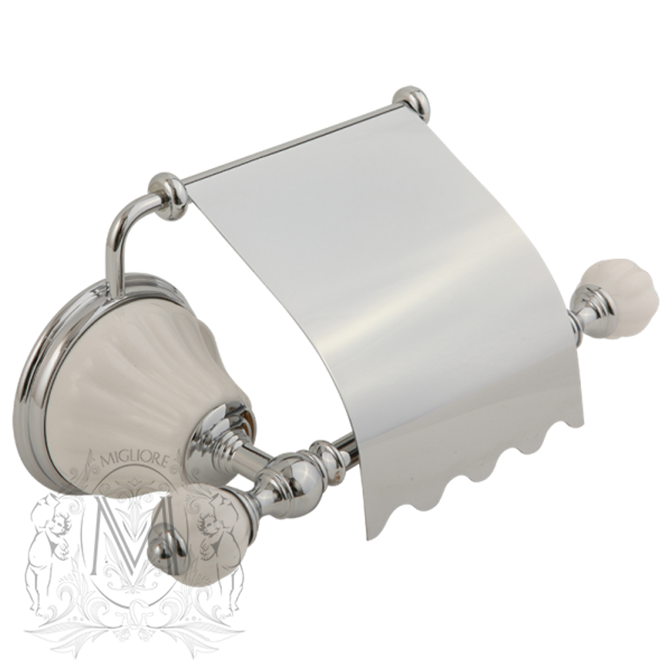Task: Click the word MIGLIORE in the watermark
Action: click(136, 460)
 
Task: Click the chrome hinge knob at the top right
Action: click(411, 103)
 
